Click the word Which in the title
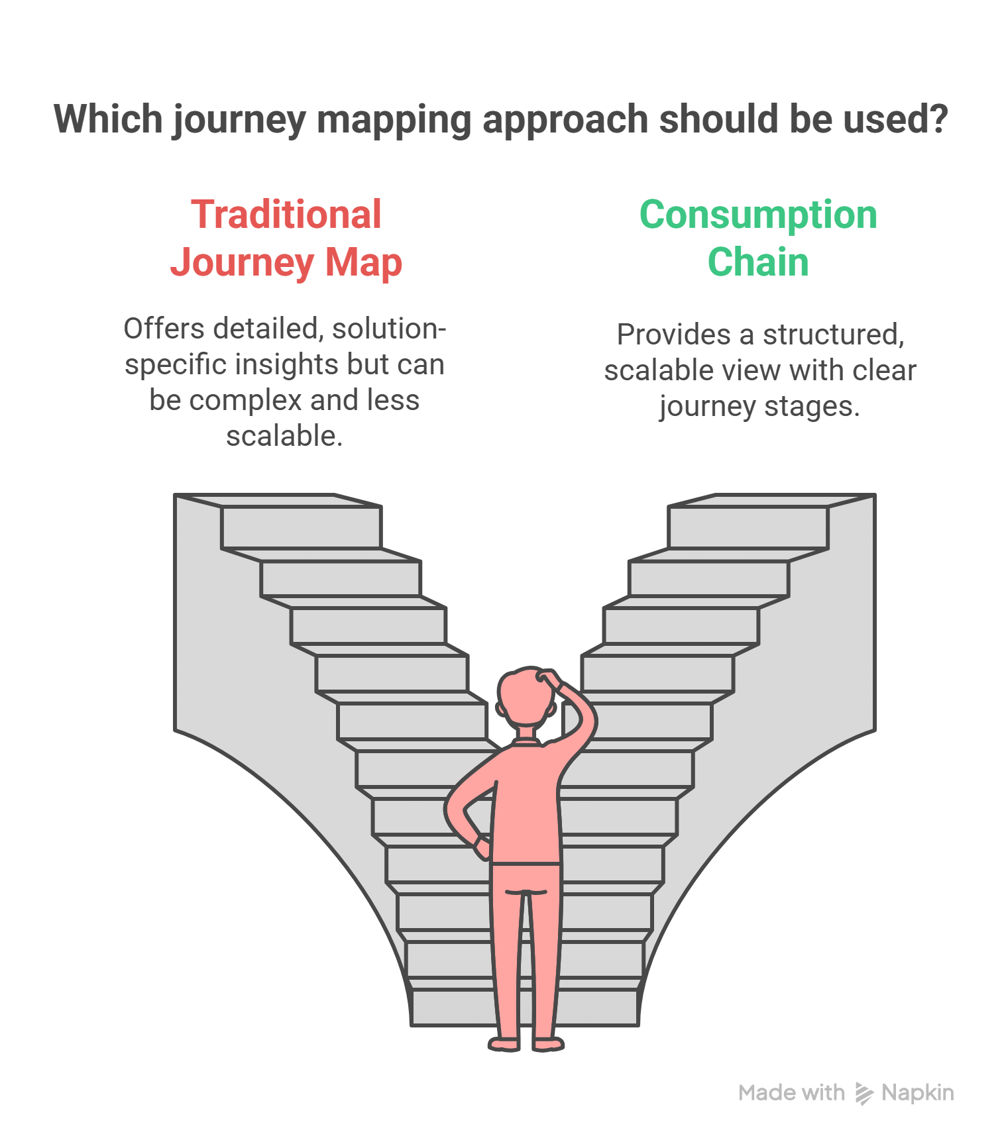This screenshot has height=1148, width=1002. coord(108,119)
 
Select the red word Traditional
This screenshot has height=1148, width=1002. coord(286,215)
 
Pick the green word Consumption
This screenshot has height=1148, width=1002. coord(758,215)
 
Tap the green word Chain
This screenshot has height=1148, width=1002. coord(758,262)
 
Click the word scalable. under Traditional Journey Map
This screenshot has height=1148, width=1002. coord(284,436)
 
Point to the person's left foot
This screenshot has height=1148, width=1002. coord(505,1044)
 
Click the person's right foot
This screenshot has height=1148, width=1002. coord(547,1044)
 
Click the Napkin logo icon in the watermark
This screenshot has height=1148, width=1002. coord(863,1093)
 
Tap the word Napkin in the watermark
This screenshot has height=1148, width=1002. coord(918,1093)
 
